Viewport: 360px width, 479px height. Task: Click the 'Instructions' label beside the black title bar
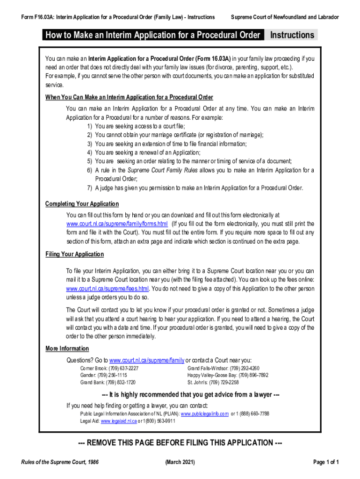click(x=292, y=35)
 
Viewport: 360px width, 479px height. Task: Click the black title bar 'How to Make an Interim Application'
click(x=152, y=35)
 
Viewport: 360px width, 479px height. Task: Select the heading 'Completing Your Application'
click(x=82, y=204)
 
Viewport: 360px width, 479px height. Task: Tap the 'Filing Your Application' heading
click(x=74, y=254)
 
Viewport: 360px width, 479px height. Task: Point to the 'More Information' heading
click(x=67, y=348)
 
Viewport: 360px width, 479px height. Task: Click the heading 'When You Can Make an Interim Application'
click(x=129, y=97)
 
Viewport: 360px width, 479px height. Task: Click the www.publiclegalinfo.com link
click(x=205, y=414)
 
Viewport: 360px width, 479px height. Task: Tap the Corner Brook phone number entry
click(x=109, y=368)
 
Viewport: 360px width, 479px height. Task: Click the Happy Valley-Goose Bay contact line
click(x=228, y=375)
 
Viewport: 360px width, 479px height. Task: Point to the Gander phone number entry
click(x=104, y=375)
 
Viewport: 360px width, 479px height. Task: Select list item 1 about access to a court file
click(x=136, y=126)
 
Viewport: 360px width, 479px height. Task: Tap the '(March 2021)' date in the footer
click(x=180, y=463)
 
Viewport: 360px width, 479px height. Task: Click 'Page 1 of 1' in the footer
click(x=326, y=463)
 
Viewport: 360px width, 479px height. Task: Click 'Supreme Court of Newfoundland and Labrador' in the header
click(x=285, y=17)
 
